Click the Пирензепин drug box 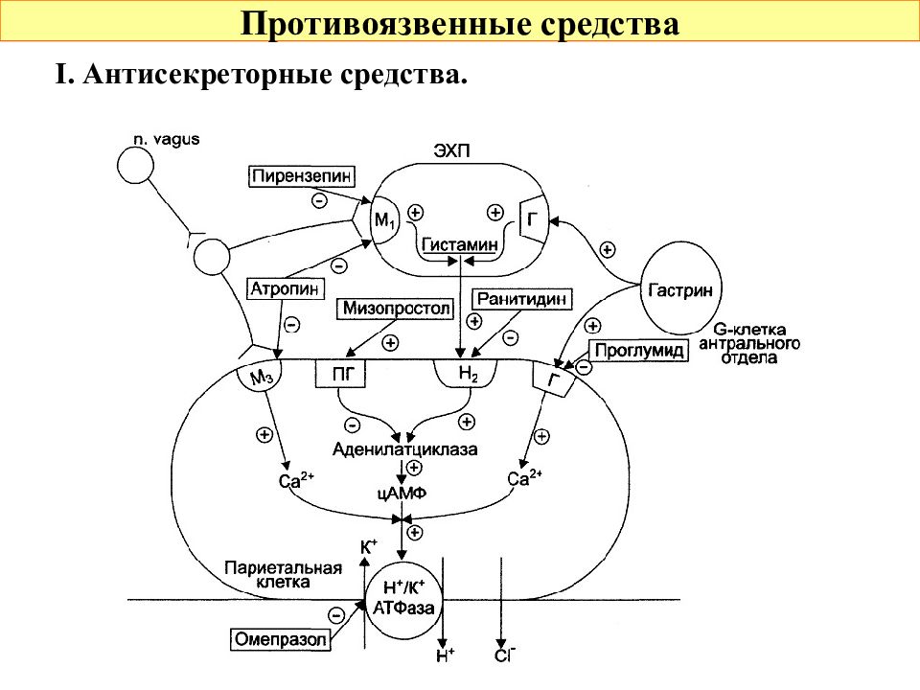302,176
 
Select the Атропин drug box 286,288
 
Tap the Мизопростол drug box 396,309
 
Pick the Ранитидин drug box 521,299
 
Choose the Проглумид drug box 638,351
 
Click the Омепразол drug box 280,639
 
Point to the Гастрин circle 680,289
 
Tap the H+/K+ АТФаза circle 404,598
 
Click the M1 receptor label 385,221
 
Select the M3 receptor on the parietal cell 260,375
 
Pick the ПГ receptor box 340,373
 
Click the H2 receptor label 468,373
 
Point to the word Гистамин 460,244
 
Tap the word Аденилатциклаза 404,449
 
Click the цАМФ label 402,493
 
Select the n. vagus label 167,140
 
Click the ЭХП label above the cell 451,150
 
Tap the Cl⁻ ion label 505,655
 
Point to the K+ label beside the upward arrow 368,547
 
